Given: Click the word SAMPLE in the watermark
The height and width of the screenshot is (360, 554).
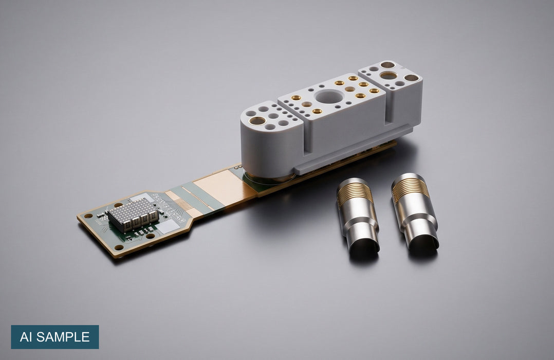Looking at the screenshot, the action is point(63,337).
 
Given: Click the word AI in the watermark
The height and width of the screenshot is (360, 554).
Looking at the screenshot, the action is point(26,337).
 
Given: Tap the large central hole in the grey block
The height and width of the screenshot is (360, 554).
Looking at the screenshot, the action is point(329,96).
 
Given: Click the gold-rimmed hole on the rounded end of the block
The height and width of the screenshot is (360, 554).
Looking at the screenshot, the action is point(257,120).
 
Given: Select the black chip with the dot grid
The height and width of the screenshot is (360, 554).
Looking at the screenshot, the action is point(133,213).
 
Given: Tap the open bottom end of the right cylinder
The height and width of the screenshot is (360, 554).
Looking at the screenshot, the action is point(423,241).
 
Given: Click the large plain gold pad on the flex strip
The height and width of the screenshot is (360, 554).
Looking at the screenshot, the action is point(217,186).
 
